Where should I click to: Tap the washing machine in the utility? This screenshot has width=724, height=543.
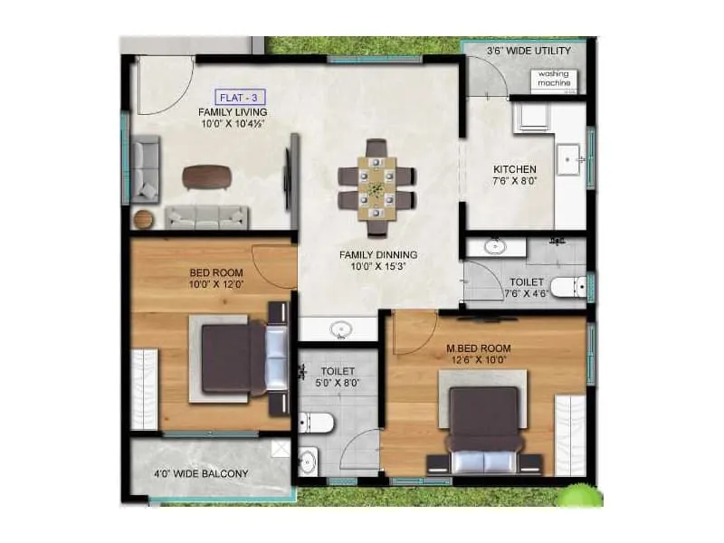click(553, 79)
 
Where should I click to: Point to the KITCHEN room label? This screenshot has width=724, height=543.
click(514, 169)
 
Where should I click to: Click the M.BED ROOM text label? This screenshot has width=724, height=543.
click(479, 348)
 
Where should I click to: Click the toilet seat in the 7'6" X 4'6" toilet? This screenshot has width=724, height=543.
click(567, 289)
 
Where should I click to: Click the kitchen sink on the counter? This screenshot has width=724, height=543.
click(572, 159)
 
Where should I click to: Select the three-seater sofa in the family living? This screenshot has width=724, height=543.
click(206, 216)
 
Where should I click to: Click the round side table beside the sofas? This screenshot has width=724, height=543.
click(144, 218)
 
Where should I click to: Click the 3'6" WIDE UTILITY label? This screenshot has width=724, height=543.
click(529, 52)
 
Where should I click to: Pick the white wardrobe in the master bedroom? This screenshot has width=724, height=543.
click(569, 434)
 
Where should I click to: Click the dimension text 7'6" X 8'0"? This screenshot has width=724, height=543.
click(514, 182)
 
